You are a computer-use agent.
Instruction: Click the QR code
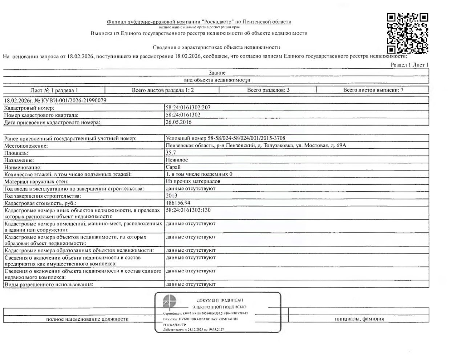pyautogui.click(x=407, y=33)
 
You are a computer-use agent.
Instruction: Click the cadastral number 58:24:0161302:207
pyautogui.click(x=188, y=108)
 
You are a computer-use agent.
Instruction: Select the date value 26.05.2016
pyautogui.click(x=178, y=122)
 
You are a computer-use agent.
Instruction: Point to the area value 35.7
pyautogui.click(x=171, y=153)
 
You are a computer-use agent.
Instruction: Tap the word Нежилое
pyautogui.click(x=177, y=160)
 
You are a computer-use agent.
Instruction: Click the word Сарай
pyautogui.click(x=173, y=167)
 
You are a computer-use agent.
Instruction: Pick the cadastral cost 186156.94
pyautogui.click(x=178, y=203)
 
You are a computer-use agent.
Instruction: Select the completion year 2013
pyautogui.click(x=171, y=196)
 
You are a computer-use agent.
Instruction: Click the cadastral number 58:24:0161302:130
pyautogui.click(x=188, y=210)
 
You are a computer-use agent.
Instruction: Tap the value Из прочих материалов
pyautogui.click(x=193, y=181)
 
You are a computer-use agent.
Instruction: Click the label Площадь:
pyautogui.click(x=16, y=153)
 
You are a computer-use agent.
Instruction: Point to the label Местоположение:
pyautogui.click(x=26, y=146)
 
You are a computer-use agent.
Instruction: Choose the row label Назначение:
pyautogui.click(x=19, y=160)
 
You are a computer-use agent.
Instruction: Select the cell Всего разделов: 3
pyautogui.click(x=268, y=90)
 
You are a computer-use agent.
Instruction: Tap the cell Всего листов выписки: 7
pyautogui.click(x=373, y=90)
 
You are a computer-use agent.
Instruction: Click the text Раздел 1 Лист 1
pyautogui.click(x=409, y=65)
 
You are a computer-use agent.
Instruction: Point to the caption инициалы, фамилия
pyautogui.click(x=359, y=319)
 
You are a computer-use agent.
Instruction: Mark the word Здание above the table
pyautogui.click(x=217, y=73)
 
